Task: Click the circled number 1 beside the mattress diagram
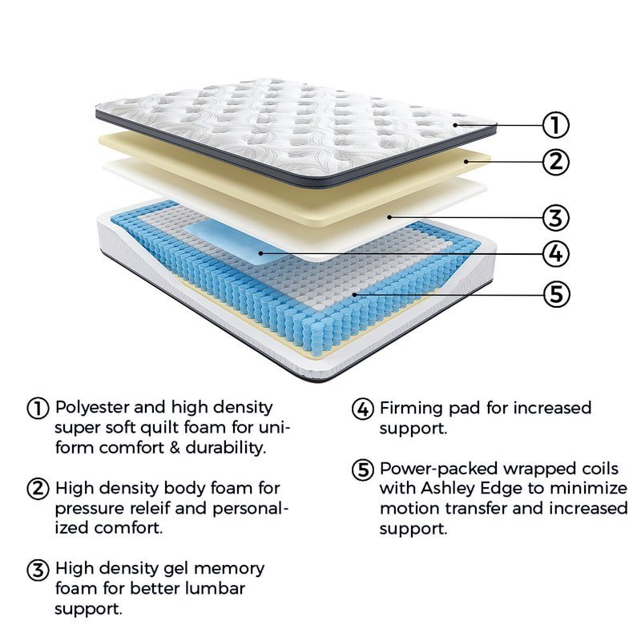tap(555, 125)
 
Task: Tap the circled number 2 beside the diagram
tap(555, 162)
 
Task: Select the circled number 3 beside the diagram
tap(555, 217)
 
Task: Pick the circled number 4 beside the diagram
tap(555, 254)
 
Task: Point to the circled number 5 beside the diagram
tap(555, 293)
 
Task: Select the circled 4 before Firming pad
tap(363, 408)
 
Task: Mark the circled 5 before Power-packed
tap(363, 469)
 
